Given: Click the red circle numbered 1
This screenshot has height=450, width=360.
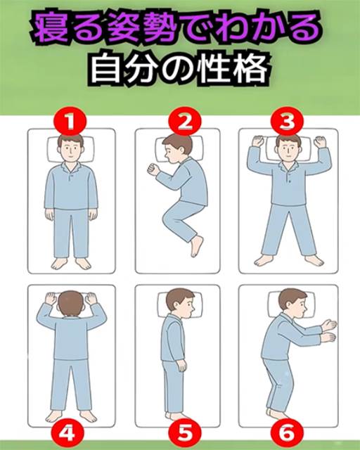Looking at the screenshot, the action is [x=70, y=122].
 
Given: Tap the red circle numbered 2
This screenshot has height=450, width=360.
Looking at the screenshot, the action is [x=185, y=122].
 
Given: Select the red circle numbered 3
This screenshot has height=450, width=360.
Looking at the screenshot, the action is [x=287, y=122].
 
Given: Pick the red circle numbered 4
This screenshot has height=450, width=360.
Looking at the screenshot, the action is [x=67, y=433].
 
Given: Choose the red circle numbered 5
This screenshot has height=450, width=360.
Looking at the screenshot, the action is [x=184, y=433].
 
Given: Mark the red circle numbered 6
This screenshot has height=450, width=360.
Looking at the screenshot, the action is [x=287, y=433].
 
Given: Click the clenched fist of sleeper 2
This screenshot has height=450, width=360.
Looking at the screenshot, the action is [x=153, y=169].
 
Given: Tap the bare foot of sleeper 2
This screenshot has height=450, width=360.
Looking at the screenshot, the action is [x=197, y=246].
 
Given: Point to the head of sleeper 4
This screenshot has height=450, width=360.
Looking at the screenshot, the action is [x=70, y=304].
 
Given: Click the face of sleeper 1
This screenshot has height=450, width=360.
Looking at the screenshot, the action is [x=70, y=150].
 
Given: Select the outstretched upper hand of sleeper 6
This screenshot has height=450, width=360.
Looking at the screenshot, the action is [x=328, y=325].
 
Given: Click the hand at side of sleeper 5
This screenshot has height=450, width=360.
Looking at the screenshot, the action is [x=183, y=366].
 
